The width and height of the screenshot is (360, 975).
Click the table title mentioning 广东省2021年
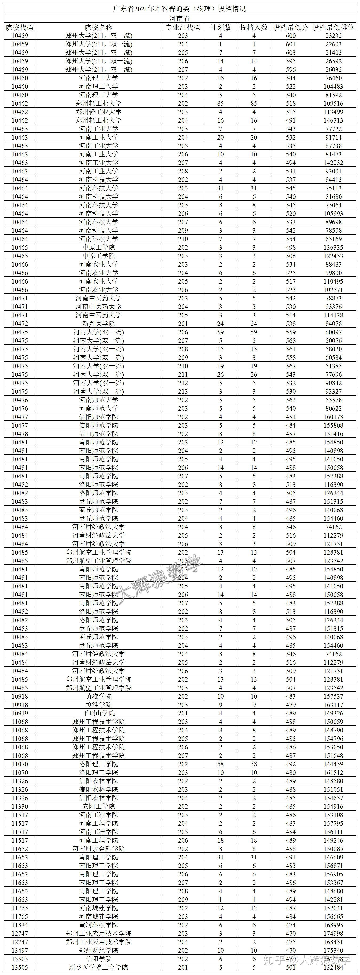pos(180,9)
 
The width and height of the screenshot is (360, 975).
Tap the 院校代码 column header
pos(20,27)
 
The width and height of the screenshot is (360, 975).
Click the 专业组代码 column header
pos(183,27)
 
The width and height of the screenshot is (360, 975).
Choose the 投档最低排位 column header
pos(333,27)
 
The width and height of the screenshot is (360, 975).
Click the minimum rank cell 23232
pos(333,36)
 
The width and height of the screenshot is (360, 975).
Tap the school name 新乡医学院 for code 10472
pos(98,324)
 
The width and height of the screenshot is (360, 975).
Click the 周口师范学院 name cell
pos(98,434)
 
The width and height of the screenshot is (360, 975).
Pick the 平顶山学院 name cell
pos(98,713)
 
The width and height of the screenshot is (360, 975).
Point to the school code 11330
pos(20,806)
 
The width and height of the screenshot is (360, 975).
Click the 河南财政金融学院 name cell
pos(98,849)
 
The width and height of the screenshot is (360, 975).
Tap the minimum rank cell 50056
pos(333,341)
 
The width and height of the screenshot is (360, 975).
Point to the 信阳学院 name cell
pos(98,959)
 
